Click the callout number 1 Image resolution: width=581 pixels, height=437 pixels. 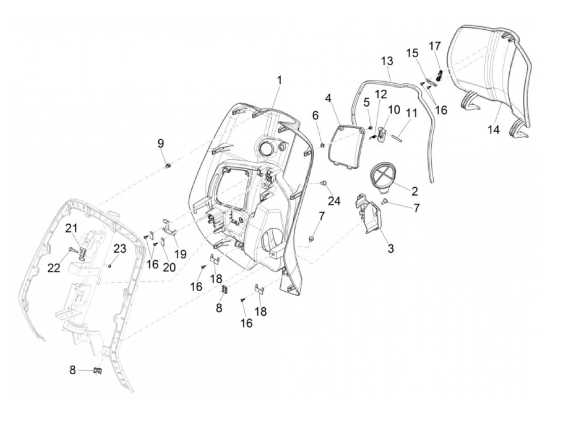tap(279, 80)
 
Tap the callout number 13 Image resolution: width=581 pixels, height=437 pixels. tap(387, 61)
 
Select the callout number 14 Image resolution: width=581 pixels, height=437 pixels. tap(493, 130)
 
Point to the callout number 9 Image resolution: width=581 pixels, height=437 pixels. tap(161, 144)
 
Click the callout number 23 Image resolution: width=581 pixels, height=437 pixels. tap(120, 249)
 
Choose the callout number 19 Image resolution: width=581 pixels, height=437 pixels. tap(181, 254)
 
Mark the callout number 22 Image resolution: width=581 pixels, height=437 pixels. tap(54, 268)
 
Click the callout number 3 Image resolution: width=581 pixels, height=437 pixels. tap(391, 248)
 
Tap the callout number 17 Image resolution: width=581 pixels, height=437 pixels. tap(435, 46)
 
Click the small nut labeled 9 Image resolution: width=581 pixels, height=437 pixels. tap(167, 166)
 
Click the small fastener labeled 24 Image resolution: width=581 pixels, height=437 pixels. tap(323, 183)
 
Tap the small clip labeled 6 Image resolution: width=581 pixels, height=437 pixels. tap(322, 145)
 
